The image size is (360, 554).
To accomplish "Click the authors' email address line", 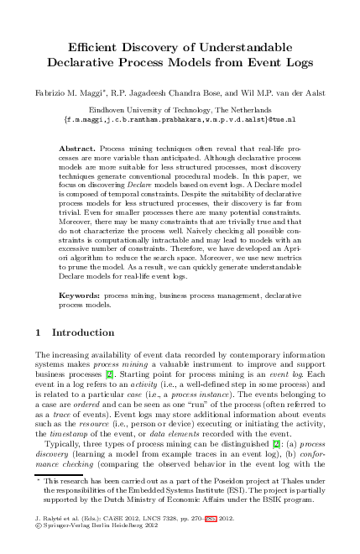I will [180, 120].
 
